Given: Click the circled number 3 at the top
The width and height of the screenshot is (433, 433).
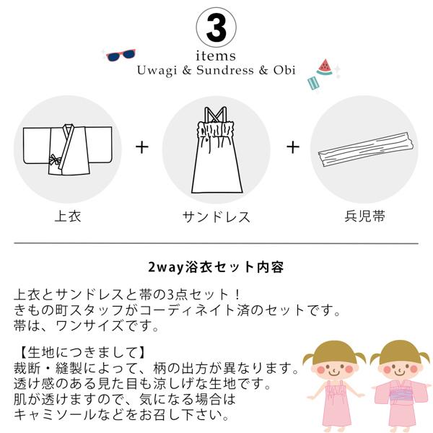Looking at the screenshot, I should (216, 27).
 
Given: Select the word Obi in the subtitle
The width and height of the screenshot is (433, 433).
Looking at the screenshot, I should (284, 71).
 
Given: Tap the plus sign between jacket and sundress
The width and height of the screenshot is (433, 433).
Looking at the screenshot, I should (141, 147).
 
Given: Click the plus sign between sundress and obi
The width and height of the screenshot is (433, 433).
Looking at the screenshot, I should (292, 147).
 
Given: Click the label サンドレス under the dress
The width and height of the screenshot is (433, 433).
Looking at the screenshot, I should (216, 216).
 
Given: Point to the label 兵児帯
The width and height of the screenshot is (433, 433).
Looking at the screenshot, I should (365, 216).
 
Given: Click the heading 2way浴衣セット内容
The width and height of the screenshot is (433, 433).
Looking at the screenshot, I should (216, 267).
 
